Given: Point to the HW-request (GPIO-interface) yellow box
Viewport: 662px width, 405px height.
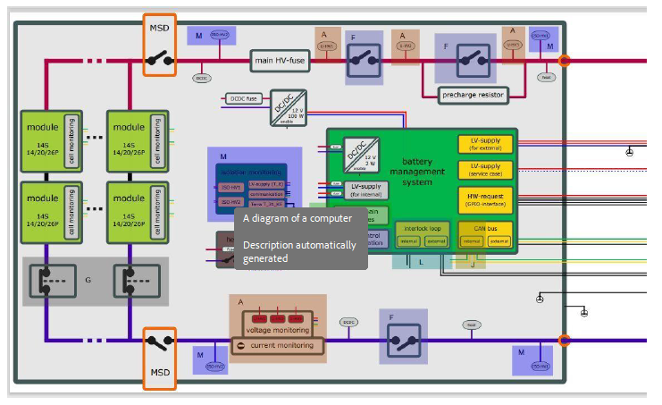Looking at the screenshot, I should [x=485, y=198].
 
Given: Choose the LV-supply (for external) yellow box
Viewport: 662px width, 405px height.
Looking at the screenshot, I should [x=485, y=145].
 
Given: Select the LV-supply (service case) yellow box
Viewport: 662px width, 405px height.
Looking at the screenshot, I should [x=485, y=170].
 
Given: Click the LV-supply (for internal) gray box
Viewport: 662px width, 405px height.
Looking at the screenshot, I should [x=365, y=190].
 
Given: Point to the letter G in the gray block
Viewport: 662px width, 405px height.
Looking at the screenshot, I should [x=88, y=280].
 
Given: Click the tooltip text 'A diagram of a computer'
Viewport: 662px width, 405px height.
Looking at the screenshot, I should [x=297, y=218].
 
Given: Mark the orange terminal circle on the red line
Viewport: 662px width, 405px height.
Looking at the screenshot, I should [x=564, y=61].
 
